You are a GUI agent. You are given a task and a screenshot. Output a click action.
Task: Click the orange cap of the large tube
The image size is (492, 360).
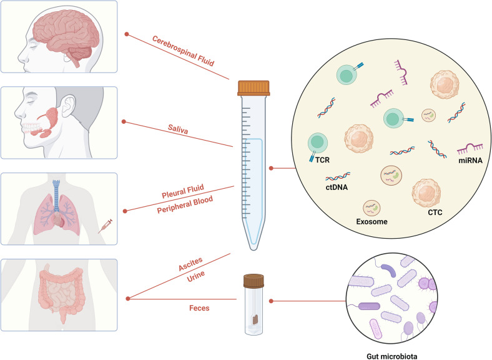(x=253, y=87)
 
